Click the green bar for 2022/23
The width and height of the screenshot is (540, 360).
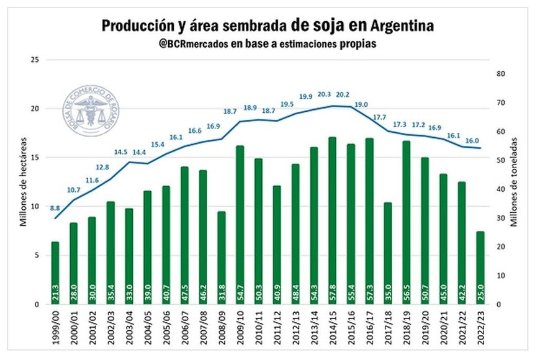point(480,268)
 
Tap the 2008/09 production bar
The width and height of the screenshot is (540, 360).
point(222,258)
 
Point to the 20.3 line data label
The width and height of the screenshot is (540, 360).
point(324,95)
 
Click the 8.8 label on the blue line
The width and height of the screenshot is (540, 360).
point(55,208)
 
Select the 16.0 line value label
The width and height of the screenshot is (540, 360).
point(472,140)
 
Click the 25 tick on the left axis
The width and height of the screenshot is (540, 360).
point(35,60)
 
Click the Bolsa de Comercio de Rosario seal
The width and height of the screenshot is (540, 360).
point(91,112)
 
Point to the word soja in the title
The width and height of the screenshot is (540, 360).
point(334,25)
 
